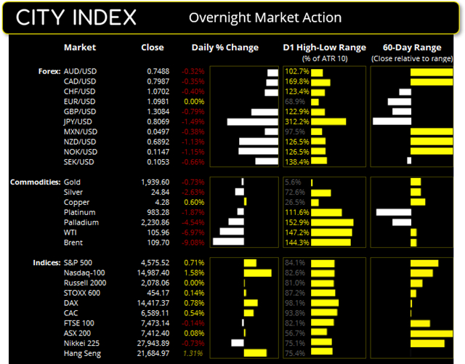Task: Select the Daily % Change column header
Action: pos(225,48)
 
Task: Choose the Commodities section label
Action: pos(34,182)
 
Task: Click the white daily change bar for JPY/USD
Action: pos(253,122)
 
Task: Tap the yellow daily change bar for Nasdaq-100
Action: pos(257,272)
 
